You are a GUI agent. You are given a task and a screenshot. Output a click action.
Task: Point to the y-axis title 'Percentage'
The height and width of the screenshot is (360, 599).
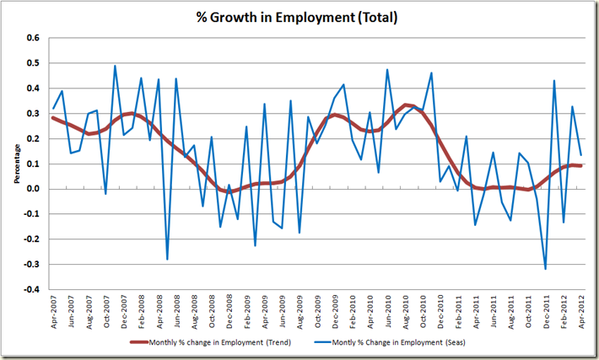pos(17,163)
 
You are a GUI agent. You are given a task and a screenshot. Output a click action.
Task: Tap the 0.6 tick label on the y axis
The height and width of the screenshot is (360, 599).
pos(33,38)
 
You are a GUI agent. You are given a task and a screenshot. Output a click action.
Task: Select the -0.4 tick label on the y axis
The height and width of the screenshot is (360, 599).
pos(31,289)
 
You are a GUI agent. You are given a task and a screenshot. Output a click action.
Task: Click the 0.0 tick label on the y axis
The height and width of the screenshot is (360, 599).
pos(33,189)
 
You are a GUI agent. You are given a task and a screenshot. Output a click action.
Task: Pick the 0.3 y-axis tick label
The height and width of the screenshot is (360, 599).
pos(33,113)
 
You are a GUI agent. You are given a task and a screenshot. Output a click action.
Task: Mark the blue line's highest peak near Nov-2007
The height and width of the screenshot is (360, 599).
pos(115,66)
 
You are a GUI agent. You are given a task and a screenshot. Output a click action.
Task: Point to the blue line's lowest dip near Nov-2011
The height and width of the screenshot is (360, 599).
pos(545,269)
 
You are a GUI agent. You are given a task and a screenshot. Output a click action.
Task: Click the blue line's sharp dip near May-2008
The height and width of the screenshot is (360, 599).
pos(167,259)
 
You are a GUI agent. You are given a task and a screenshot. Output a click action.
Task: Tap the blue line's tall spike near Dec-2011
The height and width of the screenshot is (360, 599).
pos(554,81)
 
